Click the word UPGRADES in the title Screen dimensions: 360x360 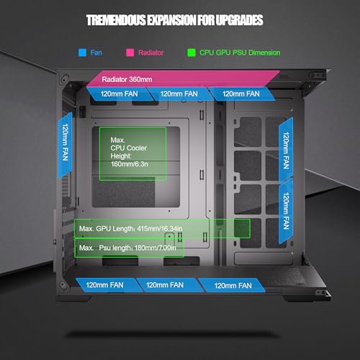pos(239,20)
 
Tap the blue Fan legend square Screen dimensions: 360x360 pos(83,53)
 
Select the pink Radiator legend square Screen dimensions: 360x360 pos(130,53)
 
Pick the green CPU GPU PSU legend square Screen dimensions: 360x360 pos(192,53)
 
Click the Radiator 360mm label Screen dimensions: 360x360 pos(127,79)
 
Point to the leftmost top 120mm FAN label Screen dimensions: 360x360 pos(119,94)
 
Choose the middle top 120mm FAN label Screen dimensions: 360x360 pos(179,94)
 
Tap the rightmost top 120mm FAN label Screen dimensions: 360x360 pos(241,94)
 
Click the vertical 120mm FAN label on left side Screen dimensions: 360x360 pos(66,143)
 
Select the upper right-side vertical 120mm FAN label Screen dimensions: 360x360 pos(286,150)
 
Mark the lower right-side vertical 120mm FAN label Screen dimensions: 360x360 pos(286,211)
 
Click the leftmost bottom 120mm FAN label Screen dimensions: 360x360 pos(104,285)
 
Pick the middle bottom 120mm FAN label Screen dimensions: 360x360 pos(165,285)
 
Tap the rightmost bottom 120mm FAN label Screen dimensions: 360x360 pos(233,286)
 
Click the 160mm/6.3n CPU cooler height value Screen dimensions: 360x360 pos(129,164)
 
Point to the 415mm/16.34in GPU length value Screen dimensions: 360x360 pos(160,229)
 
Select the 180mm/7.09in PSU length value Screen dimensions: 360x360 pos(156,248)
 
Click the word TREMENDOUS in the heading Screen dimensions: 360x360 pos(116,20)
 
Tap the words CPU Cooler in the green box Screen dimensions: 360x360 pos(128,148)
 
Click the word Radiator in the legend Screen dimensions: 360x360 pos(150,53)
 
